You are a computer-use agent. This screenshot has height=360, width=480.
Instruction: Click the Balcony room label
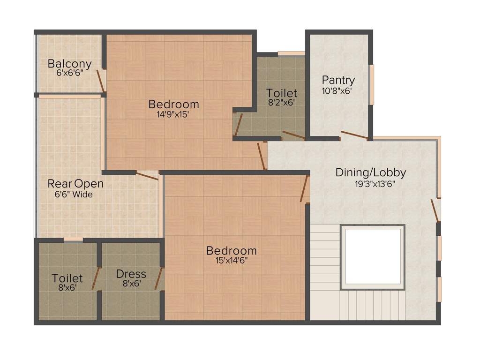click(69, 63)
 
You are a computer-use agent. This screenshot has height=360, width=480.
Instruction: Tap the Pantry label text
click(338, 80)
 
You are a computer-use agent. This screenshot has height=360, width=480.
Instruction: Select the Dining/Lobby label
click(370, 172)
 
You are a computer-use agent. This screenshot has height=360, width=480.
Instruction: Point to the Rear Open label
click(75, 183)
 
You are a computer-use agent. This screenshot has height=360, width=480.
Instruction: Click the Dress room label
click(131, 274)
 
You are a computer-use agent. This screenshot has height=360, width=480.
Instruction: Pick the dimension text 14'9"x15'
click(173, 114)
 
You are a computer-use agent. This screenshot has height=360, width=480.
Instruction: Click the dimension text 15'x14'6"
click(231, 261)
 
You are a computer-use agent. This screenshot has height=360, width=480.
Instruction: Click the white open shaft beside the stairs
click(373, 256)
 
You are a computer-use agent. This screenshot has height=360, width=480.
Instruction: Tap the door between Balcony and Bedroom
click(101, 81)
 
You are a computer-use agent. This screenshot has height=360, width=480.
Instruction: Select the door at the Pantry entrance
click(354, 135)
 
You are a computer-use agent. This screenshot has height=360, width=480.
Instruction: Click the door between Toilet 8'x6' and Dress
click(96, 279)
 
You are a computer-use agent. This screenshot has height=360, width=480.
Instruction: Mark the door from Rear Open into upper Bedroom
click(147, 176)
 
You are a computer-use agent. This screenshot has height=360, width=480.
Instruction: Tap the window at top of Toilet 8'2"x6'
click(291, 53)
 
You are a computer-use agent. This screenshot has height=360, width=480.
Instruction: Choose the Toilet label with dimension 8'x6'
click(67, 278)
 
